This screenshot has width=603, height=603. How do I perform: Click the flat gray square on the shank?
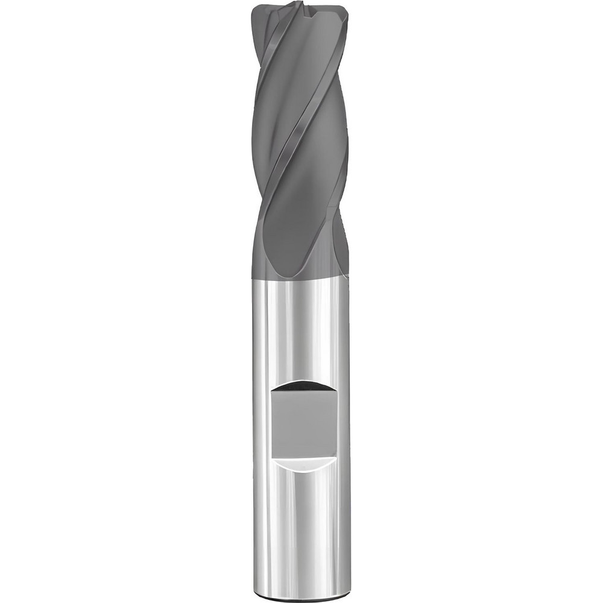(303, 422)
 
